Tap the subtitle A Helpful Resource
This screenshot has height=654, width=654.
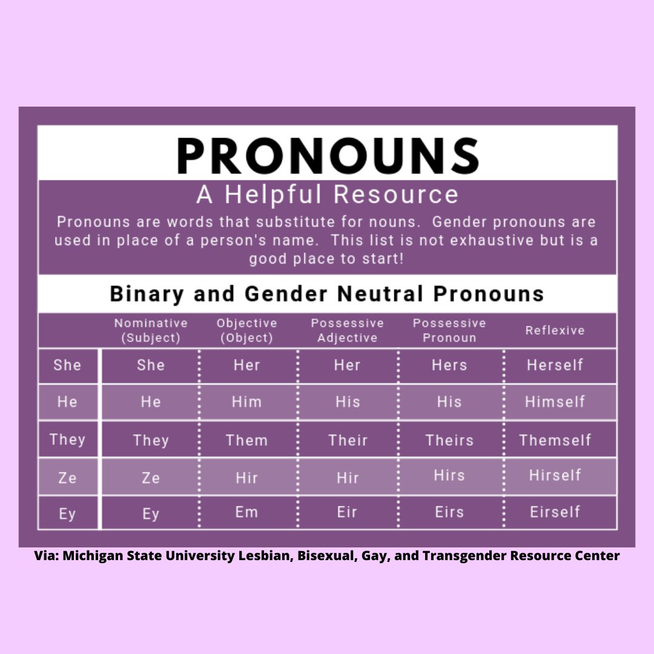tap(327, 195)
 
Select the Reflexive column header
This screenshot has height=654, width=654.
tap(555, 331)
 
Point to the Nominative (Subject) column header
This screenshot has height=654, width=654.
tap(151, 331)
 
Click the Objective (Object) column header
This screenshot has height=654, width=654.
tap(246, 331)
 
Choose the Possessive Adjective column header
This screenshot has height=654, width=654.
tap(347, 331)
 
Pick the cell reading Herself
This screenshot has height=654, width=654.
tap(555, 365)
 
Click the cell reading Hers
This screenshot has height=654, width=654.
tap(449, 365)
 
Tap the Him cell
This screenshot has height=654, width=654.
tap(246, 402)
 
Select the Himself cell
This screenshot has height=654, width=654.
tap(555, 402)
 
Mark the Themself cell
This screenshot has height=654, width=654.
tap(555, 440)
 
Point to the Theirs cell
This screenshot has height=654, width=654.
tap(449, 440)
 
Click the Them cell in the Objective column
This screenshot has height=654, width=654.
tap(246, 440)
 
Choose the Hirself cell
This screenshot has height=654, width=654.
tap(555, 475)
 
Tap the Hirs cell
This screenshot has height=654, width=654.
tap(449, 475)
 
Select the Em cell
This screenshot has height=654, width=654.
tap(246, 512)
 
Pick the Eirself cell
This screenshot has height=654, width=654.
tap(555, 512)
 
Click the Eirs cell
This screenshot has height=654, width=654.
tap(449, 512)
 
